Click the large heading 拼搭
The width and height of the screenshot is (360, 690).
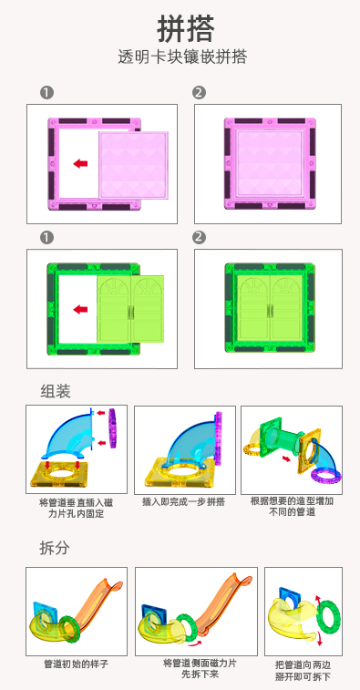click(x=185, y=29)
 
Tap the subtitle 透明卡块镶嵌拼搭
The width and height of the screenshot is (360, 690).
click(x=182, y=57)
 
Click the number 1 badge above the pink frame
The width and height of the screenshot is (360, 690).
click(x=46, y=93)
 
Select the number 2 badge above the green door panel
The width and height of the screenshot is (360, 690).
click(x=199, y=238)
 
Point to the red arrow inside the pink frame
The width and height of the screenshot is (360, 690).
click(x=80, y=164)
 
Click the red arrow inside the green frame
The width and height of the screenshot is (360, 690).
click(x=80, y=309)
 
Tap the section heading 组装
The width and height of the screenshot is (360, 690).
click(x=56, y=391)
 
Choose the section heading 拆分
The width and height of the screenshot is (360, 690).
click(x=55, y=548)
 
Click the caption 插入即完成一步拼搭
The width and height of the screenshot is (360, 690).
click(x=184, y=501)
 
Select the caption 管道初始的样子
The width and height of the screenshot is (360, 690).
click(x=77, y=664)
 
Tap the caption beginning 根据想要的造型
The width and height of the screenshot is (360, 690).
click(x=292, y=507)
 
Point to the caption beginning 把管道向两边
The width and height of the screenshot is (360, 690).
click(x=303, y=670)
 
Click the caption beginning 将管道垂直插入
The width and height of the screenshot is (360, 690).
click(x=77, y=508)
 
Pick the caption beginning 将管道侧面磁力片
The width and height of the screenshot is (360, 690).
click(x=200, y=668)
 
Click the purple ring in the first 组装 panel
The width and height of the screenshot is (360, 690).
click(x=113, y=427)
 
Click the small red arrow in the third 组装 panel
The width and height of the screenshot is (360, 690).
click(x=286, y=459)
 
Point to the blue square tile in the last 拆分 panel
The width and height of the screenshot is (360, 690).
click(x=289, y=594)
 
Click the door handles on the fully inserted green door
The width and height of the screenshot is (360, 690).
click(x=269, y=311)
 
